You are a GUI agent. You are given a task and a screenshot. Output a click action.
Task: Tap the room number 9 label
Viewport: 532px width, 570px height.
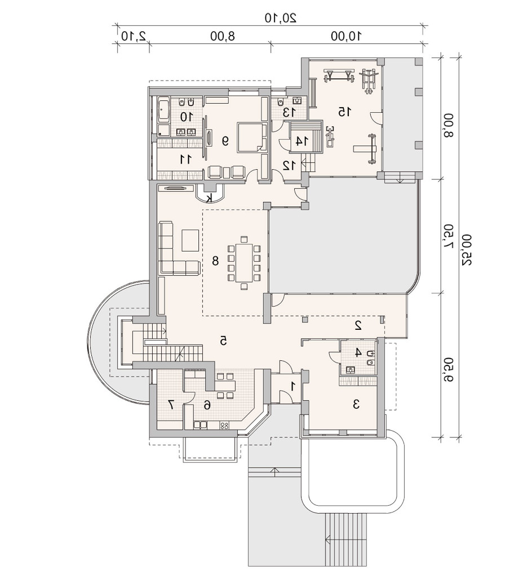(225, 141)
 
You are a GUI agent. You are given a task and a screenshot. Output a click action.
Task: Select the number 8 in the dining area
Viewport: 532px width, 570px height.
(215, 260)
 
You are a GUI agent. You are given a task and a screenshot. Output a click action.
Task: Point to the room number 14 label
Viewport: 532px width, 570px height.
(299, 141)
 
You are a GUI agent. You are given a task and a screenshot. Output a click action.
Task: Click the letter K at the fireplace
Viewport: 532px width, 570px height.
(209, 198)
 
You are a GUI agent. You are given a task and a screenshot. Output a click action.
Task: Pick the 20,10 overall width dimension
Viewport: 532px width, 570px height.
(280, 17)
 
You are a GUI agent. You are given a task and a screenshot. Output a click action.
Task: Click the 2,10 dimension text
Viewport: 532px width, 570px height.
(134, 36)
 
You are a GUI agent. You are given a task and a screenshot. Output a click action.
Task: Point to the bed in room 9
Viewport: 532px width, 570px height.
(252, 138)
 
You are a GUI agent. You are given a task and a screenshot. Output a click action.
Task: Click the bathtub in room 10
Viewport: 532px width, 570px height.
(163, 109)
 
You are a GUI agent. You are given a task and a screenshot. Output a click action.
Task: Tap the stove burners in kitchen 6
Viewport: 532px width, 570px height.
(224, 425)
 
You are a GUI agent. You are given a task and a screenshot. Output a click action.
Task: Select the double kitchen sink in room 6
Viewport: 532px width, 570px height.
(201, 425)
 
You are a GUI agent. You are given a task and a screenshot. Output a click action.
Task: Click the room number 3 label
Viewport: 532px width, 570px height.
(356, 404)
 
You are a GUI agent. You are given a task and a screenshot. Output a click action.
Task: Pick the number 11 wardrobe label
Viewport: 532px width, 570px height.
(185, 159)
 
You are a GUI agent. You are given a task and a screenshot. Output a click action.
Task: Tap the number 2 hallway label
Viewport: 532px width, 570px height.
(358, 325)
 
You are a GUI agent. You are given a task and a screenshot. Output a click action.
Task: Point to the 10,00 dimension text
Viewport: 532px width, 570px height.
(347, 36)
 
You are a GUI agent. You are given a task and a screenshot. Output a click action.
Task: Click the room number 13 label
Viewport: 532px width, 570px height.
(287, 112)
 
